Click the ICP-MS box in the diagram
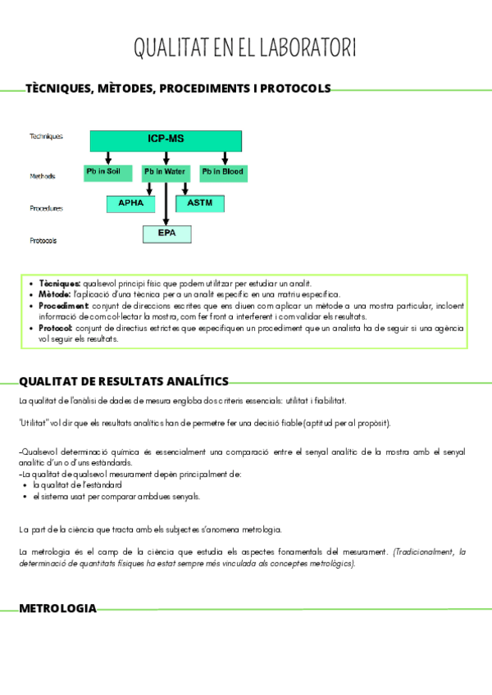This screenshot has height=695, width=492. tap(166, 140)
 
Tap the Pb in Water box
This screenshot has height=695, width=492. tap(165, 172)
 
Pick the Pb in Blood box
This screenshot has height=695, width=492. tap(223, 172)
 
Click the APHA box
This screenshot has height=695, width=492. tap(130, 203)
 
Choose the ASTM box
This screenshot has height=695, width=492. tap(200, 203)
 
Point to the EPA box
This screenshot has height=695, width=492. tap(167, 234)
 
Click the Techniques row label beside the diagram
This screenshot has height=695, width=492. tap(46, 137)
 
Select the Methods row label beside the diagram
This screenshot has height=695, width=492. tap(43, 176)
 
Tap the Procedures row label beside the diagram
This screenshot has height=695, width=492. tap(46, 208)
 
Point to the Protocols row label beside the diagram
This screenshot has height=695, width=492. tap(43, 241)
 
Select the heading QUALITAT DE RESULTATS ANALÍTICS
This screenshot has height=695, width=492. tap(123, 381)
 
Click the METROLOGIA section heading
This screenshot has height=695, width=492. tap(57, 609)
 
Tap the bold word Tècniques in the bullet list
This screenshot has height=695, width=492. tap(59, 283)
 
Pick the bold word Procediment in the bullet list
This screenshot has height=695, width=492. tap(65, 306)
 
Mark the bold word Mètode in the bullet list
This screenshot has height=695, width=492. tap(54, 294)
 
